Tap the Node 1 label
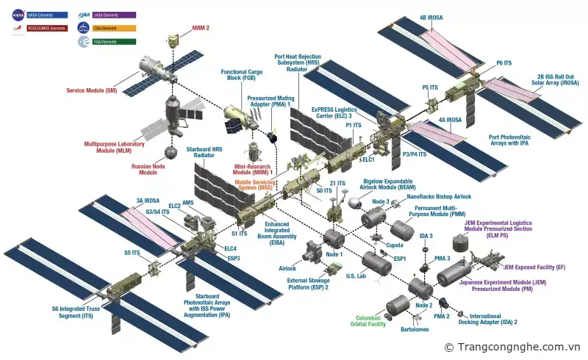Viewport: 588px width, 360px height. [x=334, y=255]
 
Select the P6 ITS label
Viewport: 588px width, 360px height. [x=504, y=63]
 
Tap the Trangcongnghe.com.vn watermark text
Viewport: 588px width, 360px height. [x=519, y=347]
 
